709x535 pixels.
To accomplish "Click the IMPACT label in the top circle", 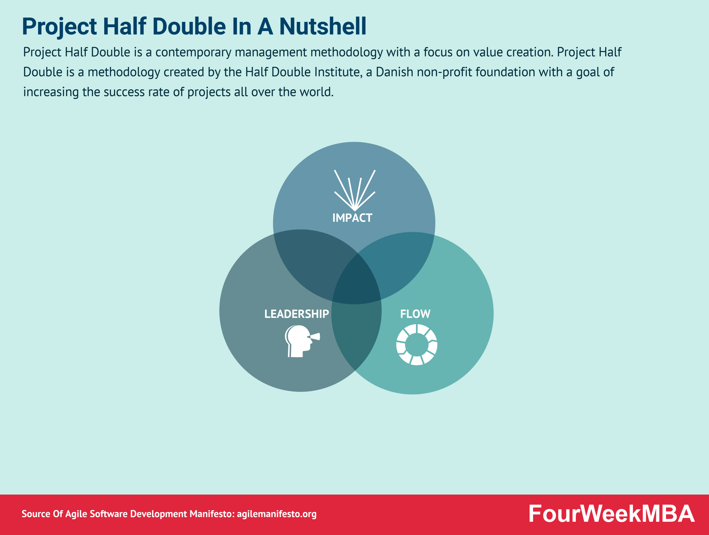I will pyautogui.click(x=352, y=218).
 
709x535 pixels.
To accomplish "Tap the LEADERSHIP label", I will pyautogui.click(x=297, y=314).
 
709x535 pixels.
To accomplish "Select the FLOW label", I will pyautogui.click(x=415, y=314).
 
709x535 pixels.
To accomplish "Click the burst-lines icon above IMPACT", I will pyautogui.click(x=354, y=190).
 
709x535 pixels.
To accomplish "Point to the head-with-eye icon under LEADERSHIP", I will pyautogui.click(x=302, y=341).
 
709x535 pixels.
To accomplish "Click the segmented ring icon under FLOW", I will pyautogui.click(x=417, y=345).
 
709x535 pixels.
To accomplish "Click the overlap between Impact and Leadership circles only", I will pyautogui.click(x=314, y=263).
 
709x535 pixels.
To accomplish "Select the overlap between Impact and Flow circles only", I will pyautogui.click(x=401, y=263).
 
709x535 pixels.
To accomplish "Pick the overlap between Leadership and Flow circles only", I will pyautogui.click(x=356, y=333).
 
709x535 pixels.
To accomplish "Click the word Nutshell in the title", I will pyautogui.click(x=322, y=26).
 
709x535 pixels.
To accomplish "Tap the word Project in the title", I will pyautogui.click(x=59, y=27).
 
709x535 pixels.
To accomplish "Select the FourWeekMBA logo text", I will pyautogui.click(x=611, y=514).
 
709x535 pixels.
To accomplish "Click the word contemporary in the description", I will pyautogui.click(x=193, y=53).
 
